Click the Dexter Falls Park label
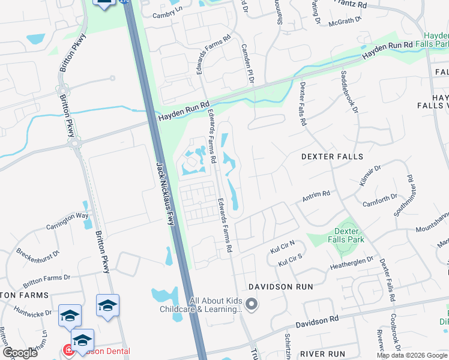[x=346, y=235]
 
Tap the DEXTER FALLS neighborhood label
[x=332, y=157]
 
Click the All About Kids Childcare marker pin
[x=252, y=305]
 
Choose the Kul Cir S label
[x=291, y=260]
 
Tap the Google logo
[x=19, y=352]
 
